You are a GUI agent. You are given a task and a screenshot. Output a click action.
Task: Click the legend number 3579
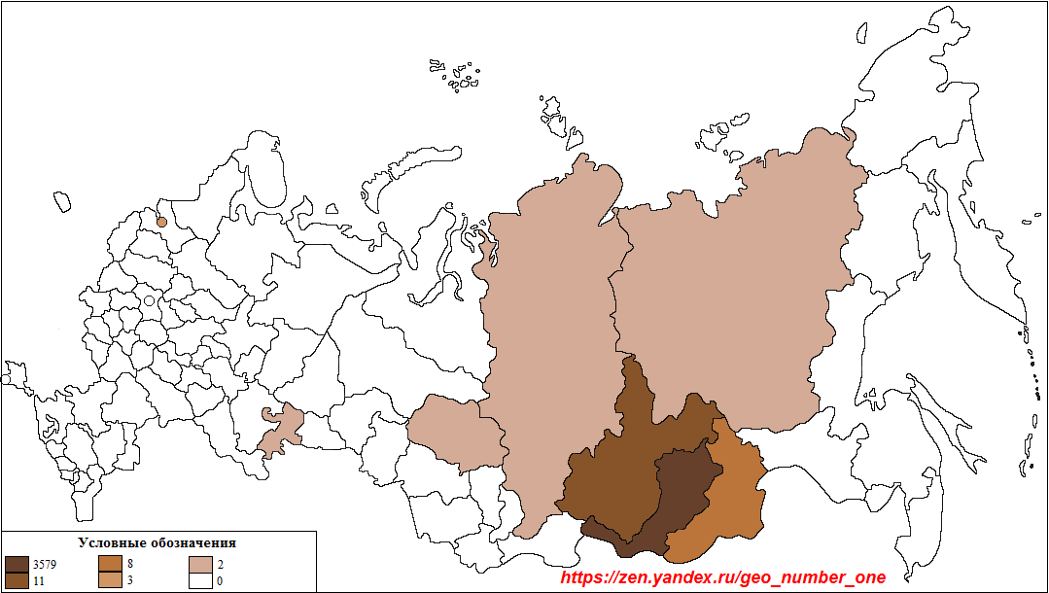tap(45, 564)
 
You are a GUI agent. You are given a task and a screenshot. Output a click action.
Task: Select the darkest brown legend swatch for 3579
tap(17, 564)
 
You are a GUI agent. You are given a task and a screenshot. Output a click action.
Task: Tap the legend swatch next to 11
tap(17, 580)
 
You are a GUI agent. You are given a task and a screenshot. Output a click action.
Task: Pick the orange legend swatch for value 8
tap(110, 564)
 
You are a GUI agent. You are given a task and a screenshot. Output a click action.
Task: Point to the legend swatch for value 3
tap(110, 580)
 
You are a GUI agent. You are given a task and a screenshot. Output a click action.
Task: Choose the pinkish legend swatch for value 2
tap(201, 564)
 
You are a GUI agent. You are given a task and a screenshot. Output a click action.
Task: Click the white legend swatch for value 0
tap(201, 580)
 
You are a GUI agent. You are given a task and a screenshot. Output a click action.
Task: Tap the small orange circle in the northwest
tap(162, 222)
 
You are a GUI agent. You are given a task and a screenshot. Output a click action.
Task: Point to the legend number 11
tap(38, 580)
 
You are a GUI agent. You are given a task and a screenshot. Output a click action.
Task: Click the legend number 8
tap(130, 564)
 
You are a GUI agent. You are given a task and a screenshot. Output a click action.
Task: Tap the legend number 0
tap(221, 580)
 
